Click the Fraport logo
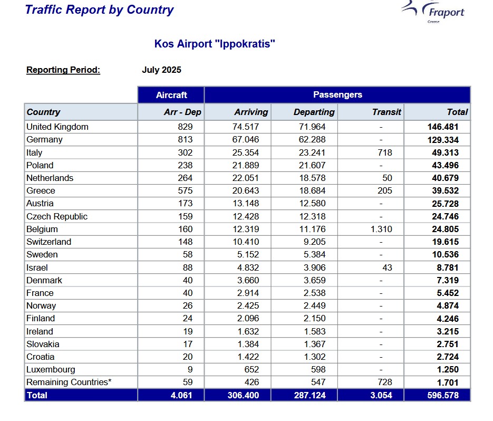(433, 12)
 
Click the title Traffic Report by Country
(99, 9)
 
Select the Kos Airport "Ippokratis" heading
(215, 44)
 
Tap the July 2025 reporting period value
(161, 70)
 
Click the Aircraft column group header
(171, 95)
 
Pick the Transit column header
(386, 112)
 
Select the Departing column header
(314, 112)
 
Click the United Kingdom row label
(57, 127)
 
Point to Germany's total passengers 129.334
(443, 140)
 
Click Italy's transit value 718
(385, 152)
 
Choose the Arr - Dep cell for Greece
(185, 190)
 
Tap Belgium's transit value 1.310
(381, 229)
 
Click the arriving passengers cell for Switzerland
(246, 242)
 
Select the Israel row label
(37, 267)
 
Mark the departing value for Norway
(314, 305)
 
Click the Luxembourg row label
(51, 369)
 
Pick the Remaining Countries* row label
(69, 382)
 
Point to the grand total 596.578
(443, 395)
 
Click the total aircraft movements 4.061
(181, 395)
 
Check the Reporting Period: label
(63, 70)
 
